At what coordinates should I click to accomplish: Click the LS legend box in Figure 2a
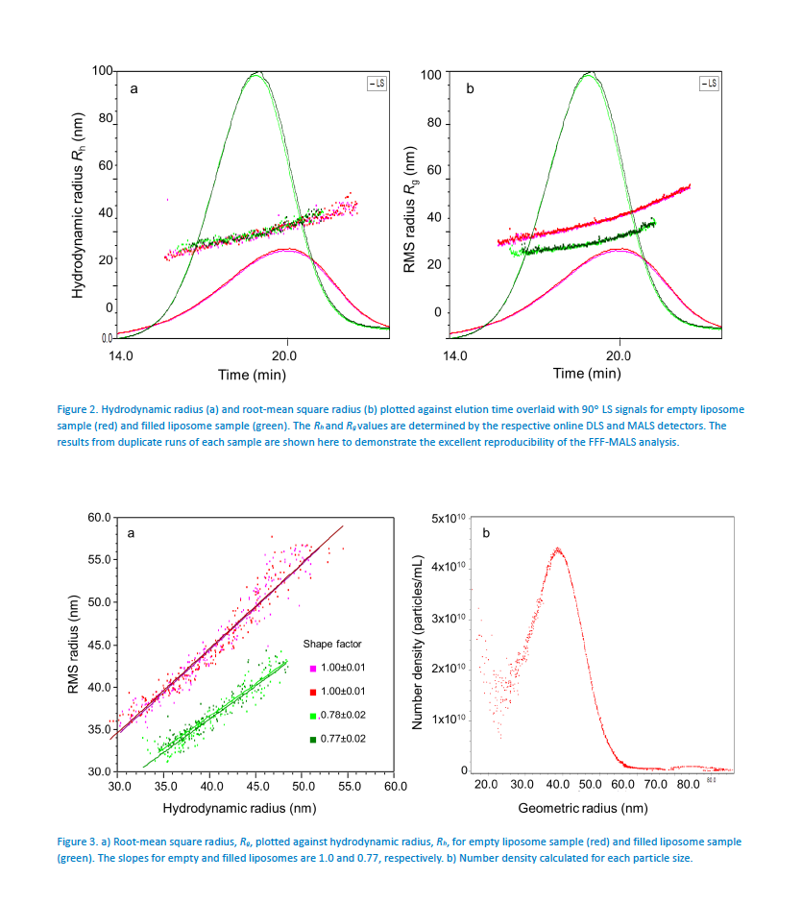(x=376, y=85)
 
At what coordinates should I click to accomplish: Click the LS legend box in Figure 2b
(x=708, y=85)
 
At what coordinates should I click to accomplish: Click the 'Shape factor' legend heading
(x=332, y=643)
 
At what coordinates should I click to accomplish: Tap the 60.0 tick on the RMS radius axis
(x=99, y=518)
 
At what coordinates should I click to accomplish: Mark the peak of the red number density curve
(x=556, y=549)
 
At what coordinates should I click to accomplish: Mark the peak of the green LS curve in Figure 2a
(x=255, y=73)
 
